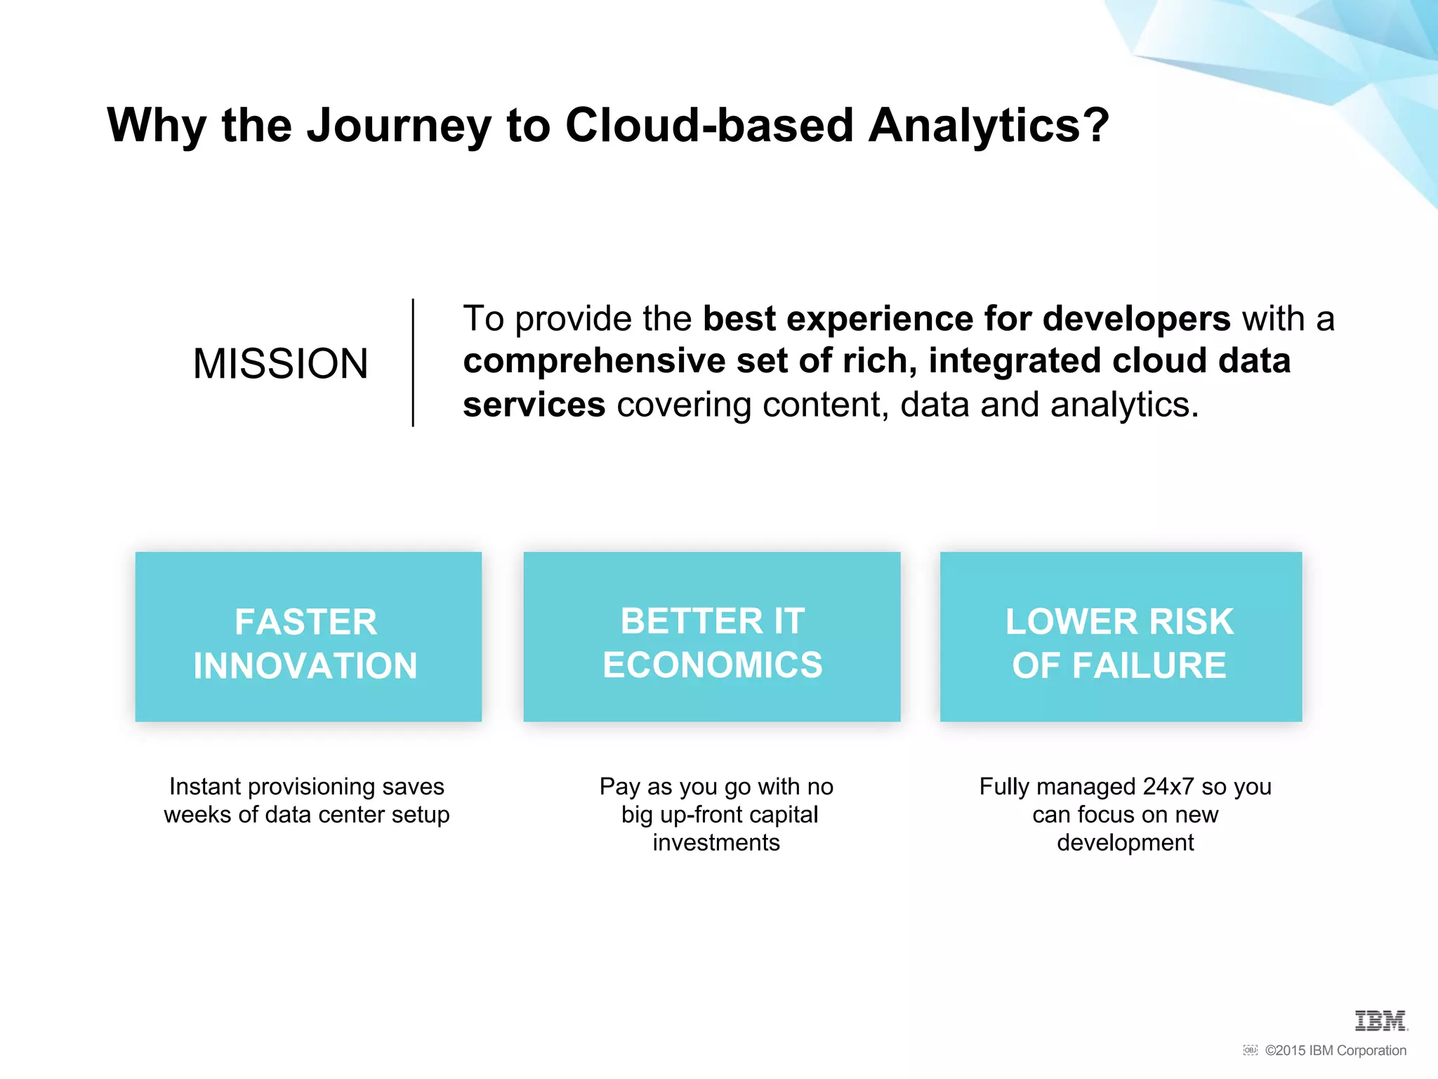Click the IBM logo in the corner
(x=1380, y=1021)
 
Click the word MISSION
(x=280, y=364)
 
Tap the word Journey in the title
(x=399, y=126)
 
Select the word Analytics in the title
(x=989, y=126)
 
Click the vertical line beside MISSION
(x=413, y=362)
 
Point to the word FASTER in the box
(x=306, y=622)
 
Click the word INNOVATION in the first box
(x=306, y=666)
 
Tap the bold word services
(x=534, y=405)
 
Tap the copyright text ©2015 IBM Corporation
(x=1335, y=1051)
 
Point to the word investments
(x=716, y=842)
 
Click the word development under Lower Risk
(x=1125, y=842)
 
